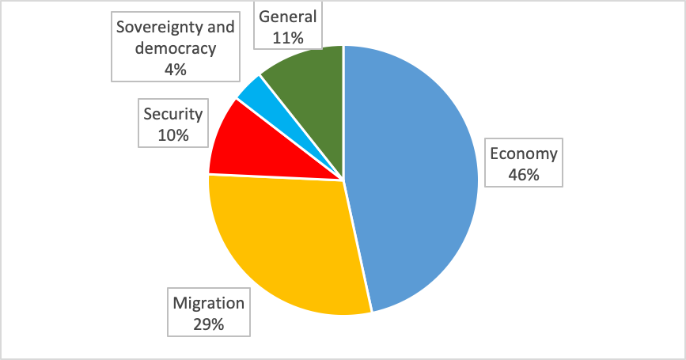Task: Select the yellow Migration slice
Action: coord(285,245)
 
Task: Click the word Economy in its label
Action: coord(523,153)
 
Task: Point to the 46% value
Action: coord(523,175)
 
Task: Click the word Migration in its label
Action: coord(209,303)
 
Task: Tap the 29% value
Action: coord(209,324)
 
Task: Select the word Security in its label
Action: coord(173,114)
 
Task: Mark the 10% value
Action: coord(173,135)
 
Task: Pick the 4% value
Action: coord(176,69)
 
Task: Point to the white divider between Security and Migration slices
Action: coord(277,176)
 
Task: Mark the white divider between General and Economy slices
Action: coord(343,111)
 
